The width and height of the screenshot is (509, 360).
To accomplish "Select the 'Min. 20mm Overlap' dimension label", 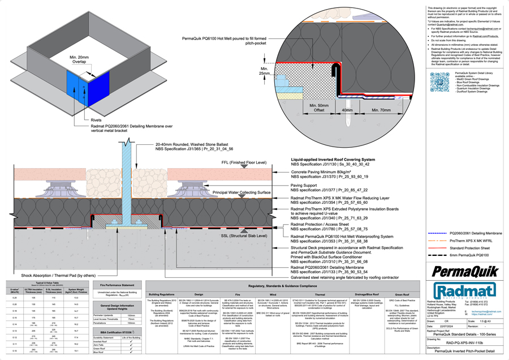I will click(79, 60).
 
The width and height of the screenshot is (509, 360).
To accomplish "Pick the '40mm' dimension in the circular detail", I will click(347, 110).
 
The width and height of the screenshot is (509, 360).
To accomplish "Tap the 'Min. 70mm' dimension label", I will click(378, 110).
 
